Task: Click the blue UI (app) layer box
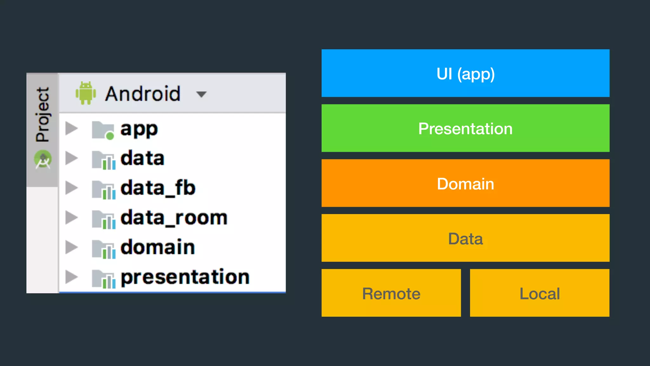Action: pos(465,73)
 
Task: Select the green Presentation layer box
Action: pos(465,128)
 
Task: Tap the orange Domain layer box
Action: pos(465,183)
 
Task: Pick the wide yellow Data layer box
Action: pos(465,238)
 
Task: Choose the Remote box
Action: pos(391,293)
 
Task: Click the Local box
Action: pos(540,293)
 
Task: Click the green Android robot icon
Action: pos(86,93)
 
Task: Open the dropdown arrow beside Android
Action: pos(201,94)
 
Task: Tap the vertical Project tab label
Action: pos(43,114)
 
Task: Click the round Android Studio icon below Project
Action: pos(43,159)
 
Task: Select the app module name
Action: pos(139,129)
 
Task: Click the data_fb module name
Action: pos(158,188)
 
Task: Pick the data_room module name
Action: pos(174,218)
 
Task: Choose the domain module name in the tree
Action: pos(157,247)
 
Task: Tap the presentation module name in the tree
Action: pos(185,277)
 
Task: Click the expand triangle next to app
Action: pos(71,129)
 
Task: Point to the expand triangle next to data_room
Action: pos(71,218)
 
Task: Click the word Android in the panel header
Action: pos(143,94)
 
